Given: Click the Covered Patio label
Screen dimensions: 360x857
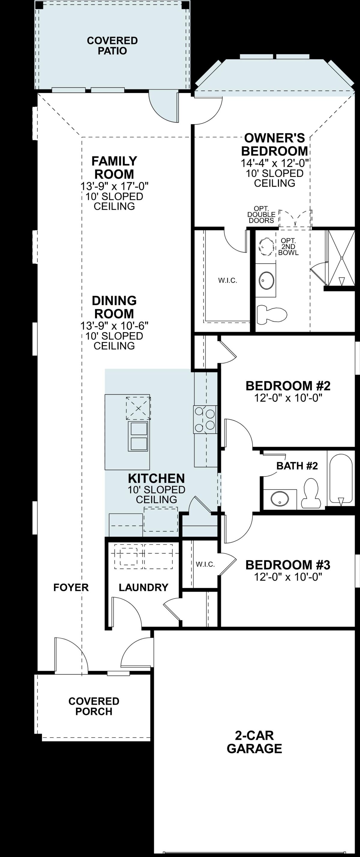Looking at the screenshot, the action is pyautogui.click(x=112, y=46).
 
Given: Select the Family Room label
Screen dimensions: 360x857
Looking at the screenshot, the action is pyautogui.click(x=114, y=168).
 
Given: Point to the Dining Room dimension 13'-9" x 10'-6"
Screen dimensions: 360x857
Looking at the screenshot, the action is pyautogui.click(x=114, y=325).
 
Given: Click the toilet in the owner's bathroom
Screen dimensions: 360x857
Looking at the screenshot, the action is pyautogui.click(x=272, y=314).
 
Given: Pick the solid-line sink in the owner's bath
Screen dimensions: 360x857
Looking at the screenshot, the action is pyautogui.click(x=266, y=280).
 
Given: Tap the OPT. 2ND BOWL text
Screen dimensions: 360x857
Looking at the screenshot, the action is pyautogui.click(x=288, y=247).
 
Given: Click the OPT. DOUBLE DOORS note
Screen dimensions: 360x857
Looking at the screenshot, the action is pyautogui.click(x=261, y=214).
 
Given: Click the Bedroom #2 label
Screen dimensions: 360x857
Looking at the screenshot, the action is pyautogui.click(x=288, y=386).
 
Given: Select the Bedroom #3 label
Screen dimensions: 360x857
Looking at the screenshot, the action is pyautogui.click(x=288, y=565).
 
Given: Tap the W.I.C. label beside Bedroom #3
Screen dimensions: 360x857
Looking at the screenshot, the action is pyautogui.click(x=205, y=564).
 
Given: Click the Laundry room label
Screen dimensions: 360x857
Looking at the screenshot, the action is pyautogui.click(x=143, y=587).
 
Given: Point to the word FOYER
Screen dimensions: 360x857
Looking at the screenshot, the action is pyautogui.click(x=71, y=587).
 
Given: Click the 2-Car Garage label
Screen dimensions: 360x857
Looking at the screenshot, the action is pyautogui.click(x=254, y=742).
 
